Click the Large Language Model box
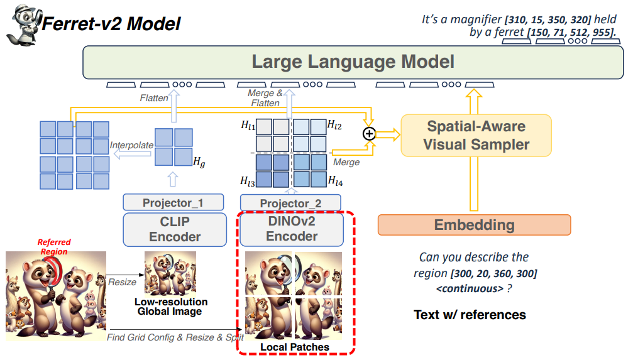[353, 62]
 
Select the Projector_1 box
[173, 202]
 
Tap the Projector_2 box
[290, 203]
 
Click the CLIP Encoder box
[175, 229]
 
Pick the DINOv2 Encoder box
[292, 229]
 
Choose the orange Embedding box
[474, 225]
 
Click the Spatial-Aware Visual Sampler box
[476, 135]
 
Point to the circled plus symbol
[369, 133]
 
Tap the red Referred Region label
[54, 246]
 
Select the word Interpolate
[131, 145]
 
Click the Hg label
[199, 163]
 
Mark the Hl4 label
[335, 181]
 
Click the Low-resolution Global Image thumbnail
[170, 273]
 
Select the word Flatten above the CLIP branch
[154, 98]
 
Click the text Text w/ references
[470, 314]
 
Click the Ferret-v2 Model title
[111, 24]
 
